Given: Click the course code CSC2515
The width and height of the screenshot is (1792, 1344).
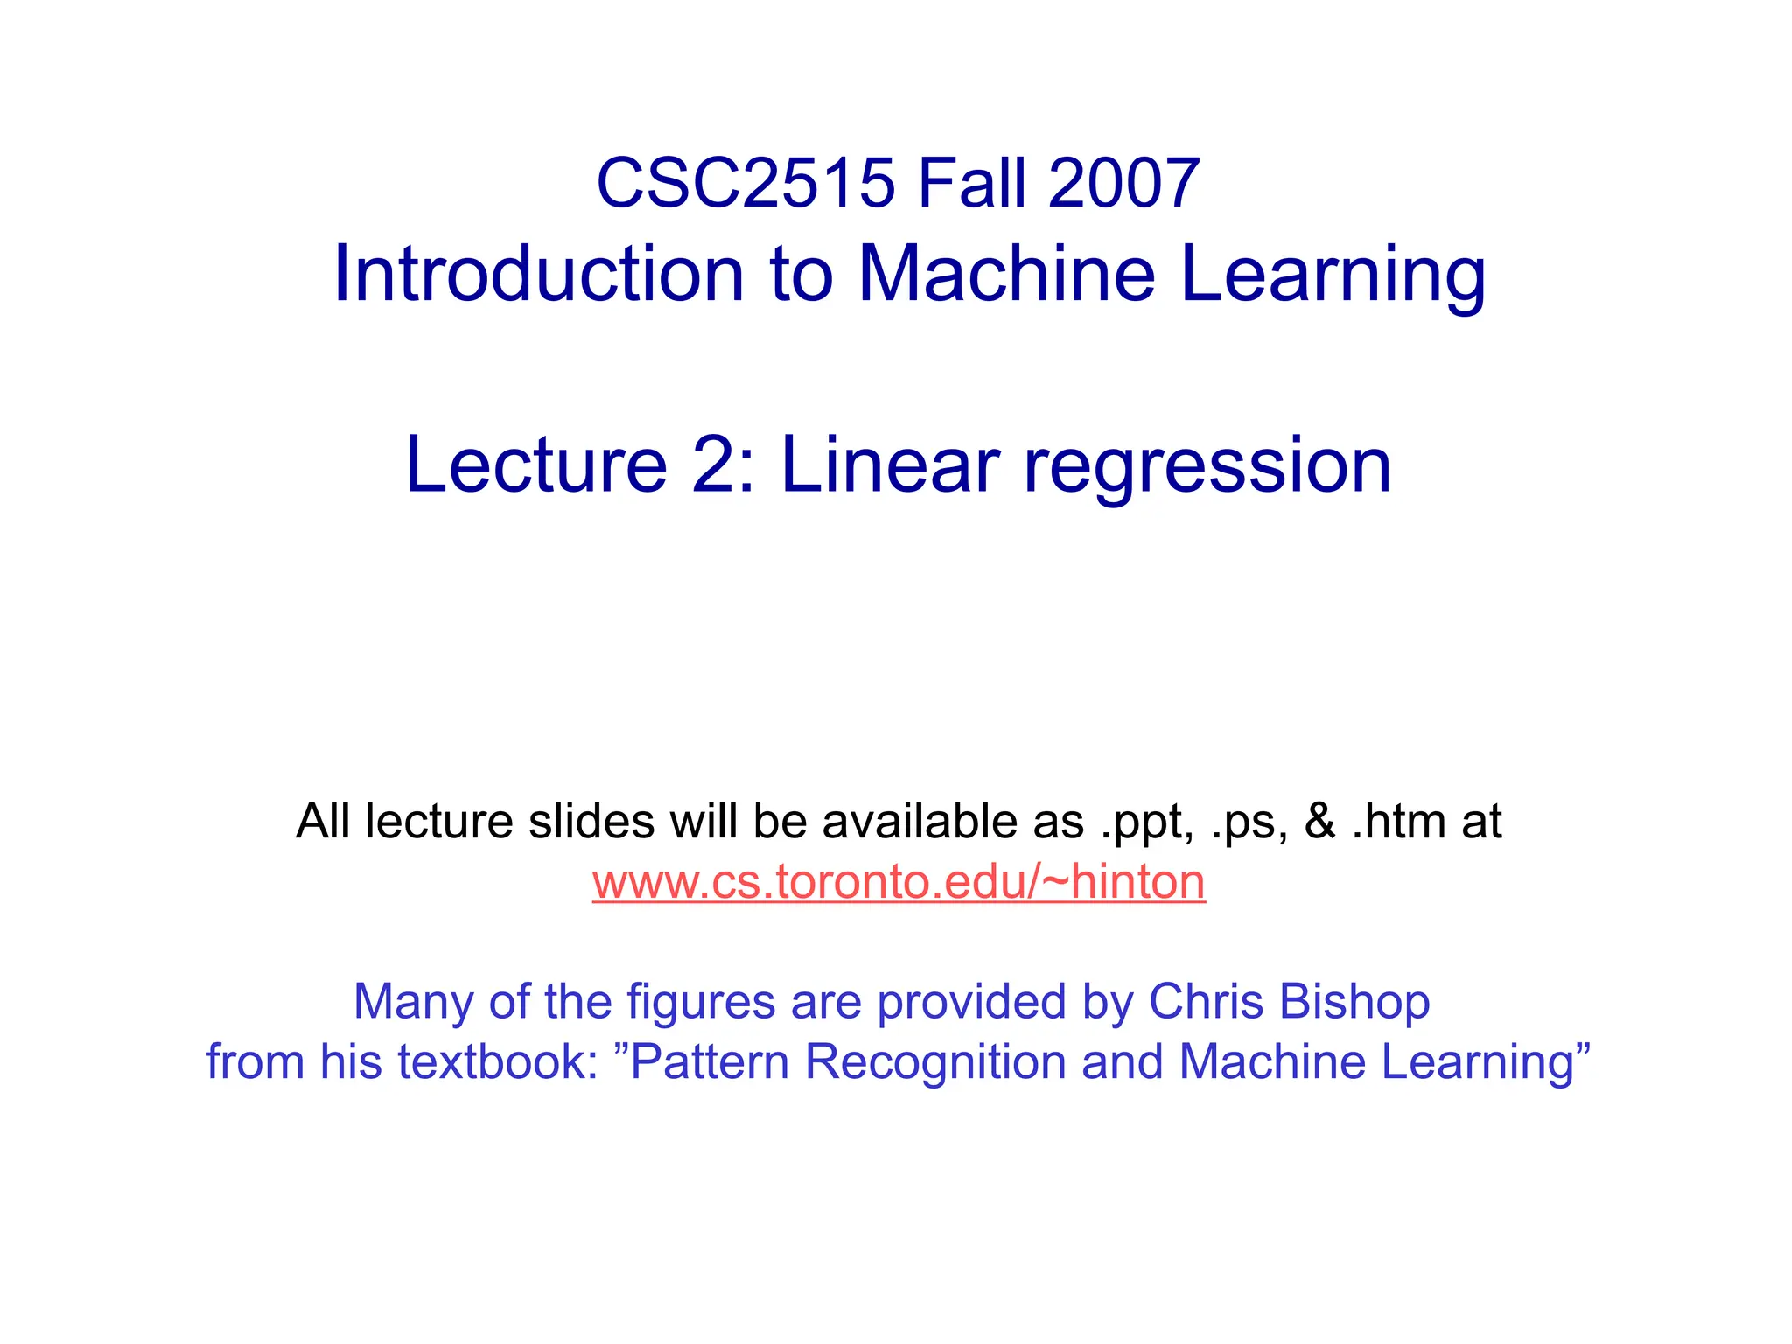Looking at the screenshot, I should tap(745, 184).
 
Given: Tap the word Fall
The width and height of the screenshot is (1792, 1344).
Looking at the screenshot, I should tap(971, 184).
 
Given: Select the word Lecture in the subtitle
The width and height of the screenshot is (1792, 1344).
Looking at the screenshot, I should tap(536, 465).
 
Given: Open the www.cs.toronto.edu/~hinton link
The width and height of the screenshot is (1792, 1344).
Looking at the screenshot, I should tap(899, 881).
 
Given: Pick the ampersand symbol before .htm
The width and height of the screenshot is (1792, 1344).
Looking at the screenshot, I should tap(1319, 822).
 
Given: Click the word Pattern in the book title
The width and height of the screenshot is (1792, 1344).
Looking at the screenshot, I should tap(710, 1062).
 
